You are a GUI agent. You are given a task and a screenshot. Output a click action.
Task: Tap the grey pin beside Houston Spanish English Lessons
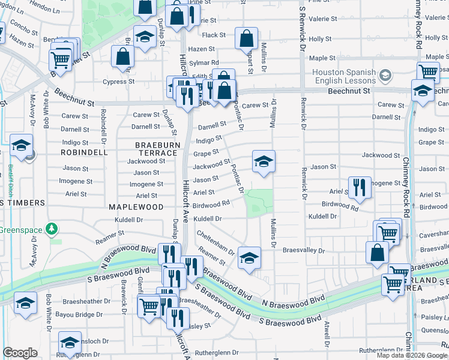point(385,76)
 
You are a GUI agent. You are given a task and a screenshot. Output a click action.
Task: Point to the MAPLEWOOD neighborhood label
point(136,206)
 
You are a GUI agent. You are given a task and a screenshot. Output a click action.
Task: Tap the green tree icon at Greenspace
point(52,229)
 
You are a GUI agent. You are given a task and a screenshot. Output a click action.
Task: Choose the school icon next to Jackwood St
point(263,161)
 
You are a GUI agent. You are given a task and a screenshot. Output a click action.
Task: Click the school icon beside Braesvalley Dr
point(249,258)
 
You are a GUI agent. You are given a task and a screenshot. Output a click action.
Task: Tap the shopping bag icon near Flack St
point(246,39)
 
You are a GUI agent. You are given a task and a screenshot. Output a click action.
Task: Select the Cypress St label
point(118,82)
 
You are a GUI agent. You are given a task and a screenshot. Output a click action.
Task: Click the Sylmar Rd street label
point(203,62)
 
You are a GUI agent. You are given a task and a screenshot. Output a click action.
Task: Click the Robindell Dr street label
point(104,122)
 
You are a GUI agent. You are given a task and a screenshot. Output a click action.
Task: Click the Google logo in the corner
point(20,353)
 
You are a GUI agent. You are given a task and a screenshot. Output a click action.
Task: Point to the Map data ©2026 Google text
point(411,355)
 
